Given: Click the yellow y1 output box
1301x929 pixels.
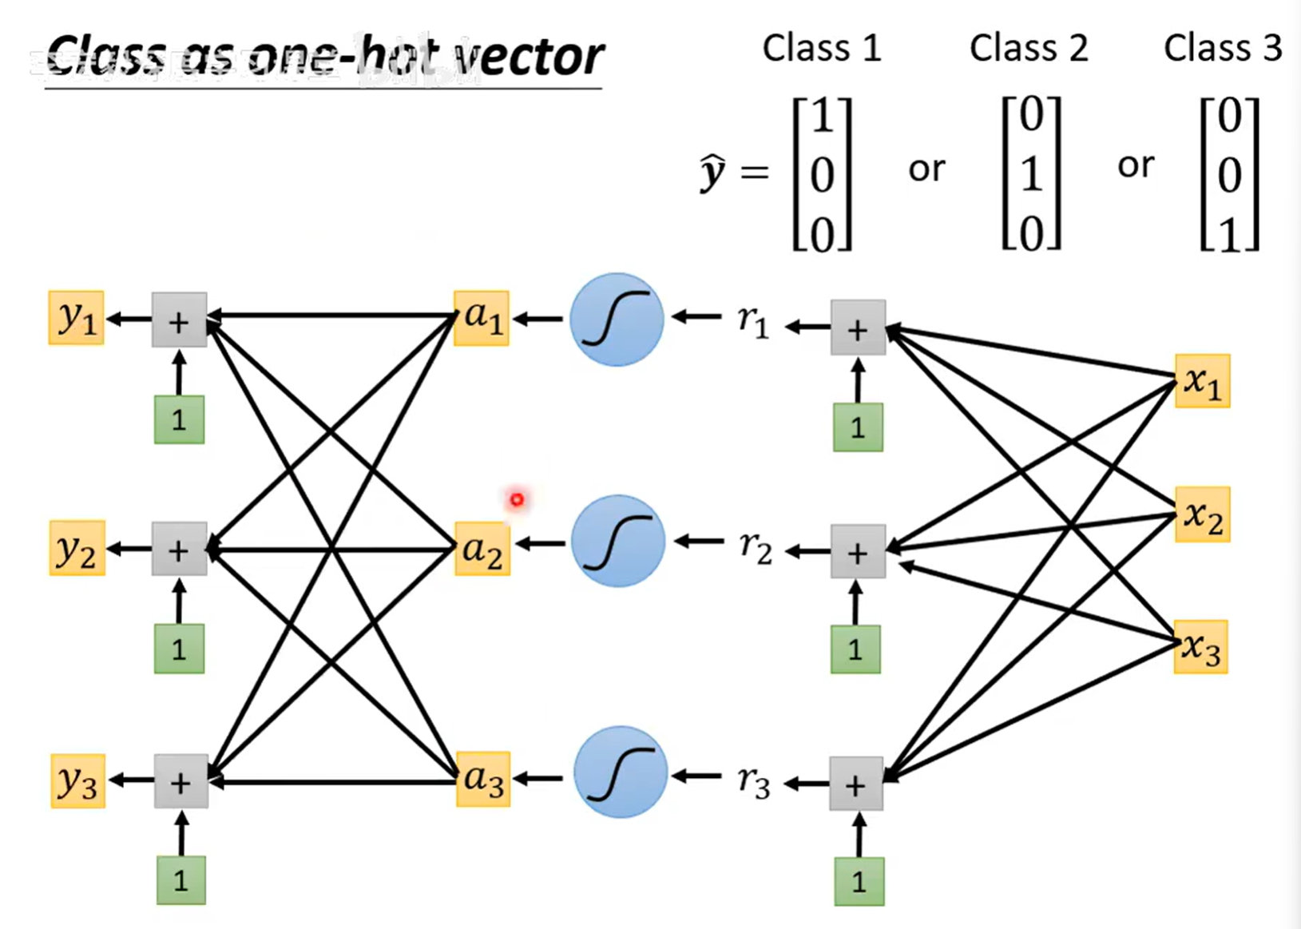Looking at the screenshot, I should tap(77, 318).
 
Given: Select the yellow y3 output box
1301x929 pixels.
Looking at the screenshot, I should tap(77, 780).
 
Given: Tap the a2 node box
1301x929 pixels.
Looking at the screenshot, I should tap(482, 549).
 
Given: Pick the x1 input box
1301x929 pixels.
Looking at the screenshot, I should tap(1202, 381).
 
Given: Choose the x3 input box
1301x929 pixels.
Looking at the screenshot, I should tap(1200, 647).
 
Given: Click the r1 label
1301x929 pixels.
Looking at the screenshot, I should tap(753, 321).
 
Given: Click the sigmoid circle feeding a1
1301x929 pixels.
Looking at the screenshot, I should tap(617, 320).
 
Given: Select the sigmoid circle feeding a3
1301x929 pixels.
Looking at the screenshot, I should tap(620, 772).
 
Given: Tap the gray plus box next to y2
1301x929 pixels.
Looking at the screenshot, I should tap(180, 550).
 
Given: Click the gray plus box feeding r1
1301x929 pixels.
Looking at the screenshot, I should tap(858, 328).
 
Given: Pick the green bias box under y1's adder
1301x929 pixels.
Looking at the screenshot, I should tap(179, 419).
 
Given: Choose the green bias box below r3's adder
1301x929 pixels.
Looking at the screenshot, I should tap(859, 881).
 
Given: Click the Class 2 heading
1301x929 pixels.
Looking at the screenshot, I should tap(1028, 48).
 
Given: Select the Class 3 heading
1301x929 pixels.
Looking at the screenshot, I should tap(1222, 48).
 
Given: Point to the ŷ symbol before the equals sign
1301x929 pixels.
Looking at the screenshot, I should tap(712, 172).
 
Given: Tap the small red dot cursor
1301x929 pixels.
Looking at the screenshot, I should tap(517, 500).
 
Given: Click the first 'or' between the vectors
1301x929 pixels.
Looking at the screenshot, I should tap(926, 169).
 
